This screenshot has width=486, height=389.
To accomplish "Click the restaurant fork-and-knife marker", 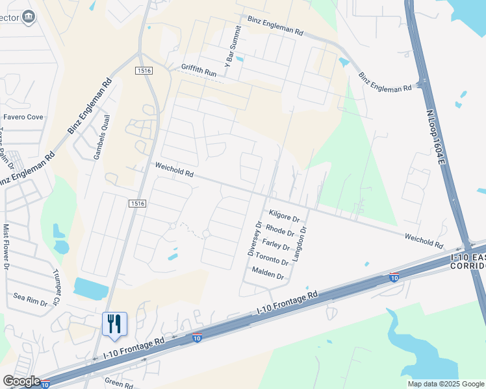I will coord(114,324).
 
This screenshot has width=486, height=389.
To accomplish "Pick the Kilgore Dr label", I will coord(283,216).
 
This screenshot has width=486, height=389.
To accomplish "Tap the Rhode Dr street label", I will coord(281,230).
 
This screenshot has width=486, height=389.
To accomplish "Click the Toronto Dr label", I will coord(272,259).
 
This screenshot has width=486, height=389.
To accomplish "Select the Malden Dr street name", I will coord(268,274).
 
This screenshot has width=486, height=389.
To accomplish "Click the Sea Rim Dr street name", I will coord(31,300).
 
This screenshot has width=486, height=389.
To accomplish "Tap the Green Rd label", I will coord(119,384).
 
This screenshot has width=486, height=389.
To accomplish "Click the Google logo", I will coord(21,381).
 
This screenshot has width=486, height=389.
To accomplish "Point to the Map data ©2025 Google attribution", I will coord(445,384).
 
